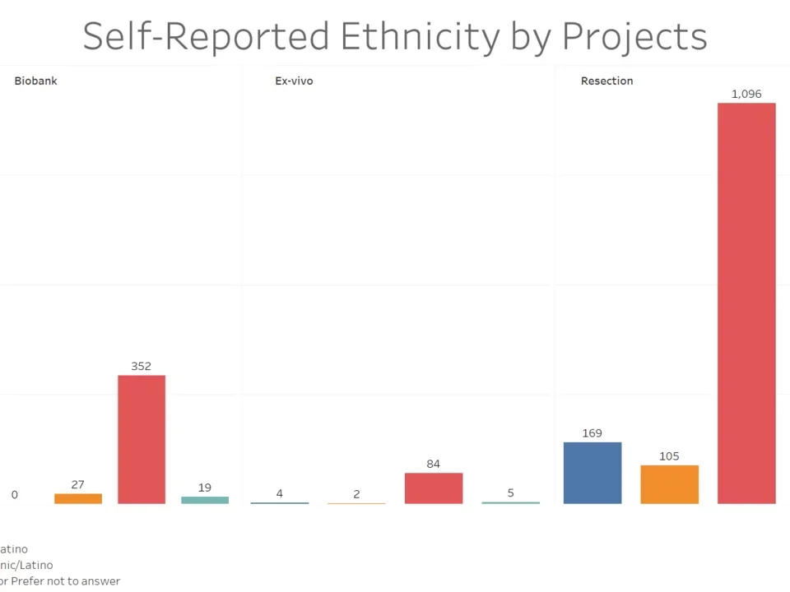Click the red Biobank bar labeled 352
pos(142,439)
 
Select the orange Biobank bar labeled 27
pos(78,498)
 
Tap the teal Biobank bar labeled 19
pos(205,500)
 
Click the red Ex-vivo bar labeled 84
pos(434,488)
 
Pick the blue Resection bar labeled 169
pos(592,473)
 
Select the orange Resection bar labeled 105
pos(669,484)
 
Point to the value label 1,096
pos(746,94)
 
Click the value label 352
pos(142,366)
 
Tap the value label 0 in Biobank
pos(15,495)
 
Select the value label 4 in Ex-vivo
pos(280,493)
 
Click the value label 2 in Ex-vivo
pos(356,494)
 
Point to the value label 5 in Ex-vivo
pos(510,493)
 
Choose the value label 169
pos(592,433)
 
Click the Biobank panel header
pos(36,81)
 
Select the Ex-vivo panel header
pos(294,81)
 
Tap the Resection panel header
pos(606,81)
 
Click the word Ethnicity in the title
pos(420,37)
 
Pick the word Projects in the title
pos(634,37)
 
